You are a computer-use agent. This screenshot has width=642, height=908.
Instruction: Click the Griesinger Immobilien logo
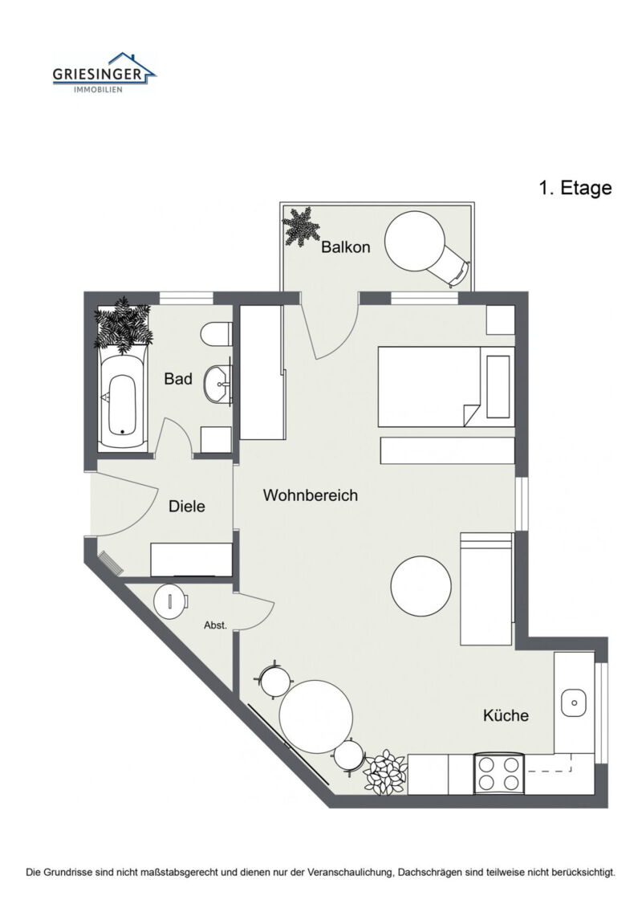coord(104,73)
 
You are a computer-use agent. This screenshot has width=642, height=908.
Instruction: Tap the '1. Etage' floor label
coord(575,188)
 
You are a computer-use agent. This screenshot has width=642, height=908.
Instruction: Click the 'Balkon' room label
coord(346,247)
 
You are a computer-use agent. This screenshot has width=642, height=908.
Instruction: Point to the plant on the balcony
coord(301,227)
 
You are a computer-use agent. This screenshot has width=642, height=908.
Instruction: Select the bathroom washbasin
coord(217,385)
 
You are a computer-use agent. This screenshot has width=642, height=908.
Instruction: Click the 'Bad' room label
coord(178,379)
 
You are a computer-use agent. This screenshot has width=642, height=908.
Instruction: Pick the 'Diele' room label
coord(187,507)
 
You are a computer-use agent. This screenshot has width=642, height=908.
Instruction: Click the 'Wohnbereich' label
coord(310,495)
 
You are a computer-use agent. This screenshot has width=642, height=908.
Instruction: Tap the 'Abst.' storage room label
coord(215,625)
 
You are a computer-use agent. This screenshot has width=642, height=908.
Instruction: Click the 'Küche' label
coord(506,715)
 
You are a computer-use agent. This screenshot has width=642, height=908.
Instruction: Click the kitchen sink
coord(575,702)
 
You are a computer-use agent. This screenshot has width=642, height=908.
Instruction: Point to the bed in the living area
coord(433,386)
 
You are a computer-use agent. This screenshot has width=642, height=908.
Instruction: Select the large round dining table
coord(316,716)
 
